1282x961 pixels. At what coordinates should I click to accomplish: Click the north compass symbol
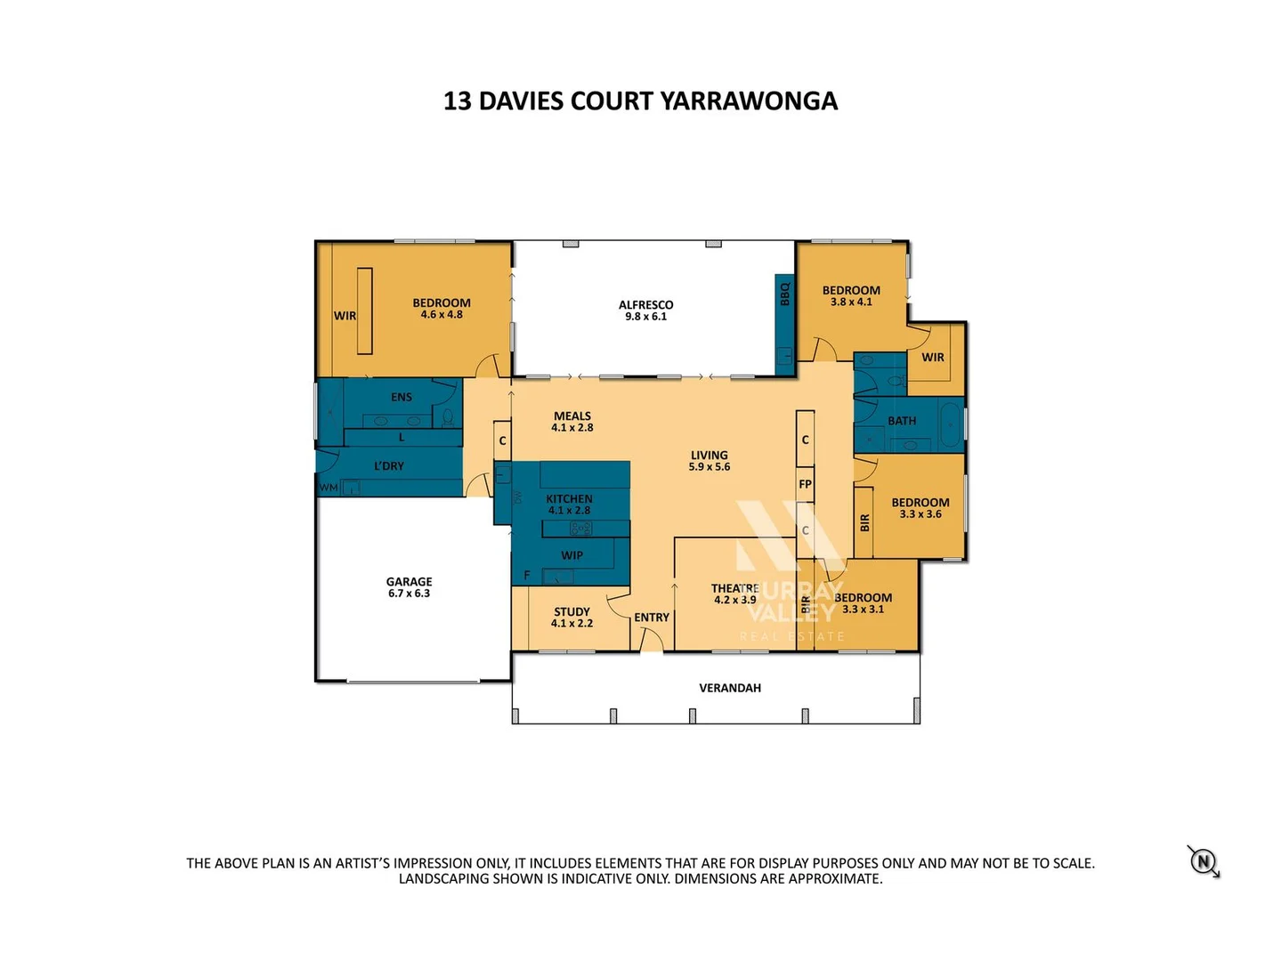(1204, 861)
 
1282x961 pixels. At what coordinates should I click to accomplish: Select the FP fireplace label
(805, 484)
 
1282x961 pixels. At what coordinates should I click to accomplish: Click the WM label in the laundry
(329, 488)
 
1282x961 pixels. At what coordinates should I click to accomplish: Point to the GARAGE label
(409, 581)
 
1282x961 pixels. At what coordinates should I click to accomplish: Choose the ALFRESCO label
(645, 304)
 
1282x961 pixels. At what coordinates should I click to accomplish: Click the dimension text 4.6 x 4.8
(442, 315)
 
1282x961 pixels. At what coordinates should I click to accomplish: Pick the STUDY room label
(572, 611)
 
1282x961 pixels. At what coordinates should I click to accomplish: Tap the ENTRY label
(652, 618)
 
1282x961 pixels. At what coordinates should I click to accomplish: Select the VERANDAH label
(729, 688)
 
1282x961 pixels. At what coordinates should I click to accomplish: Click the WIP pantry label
(572, 555)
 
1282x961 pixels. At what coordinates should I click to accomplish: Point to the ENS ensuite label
(402, 397)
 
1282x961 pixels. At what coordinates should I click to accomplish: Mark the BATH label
(901, 421)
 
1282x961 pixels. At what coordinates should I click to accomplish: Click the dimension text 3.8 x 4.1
(851, 303)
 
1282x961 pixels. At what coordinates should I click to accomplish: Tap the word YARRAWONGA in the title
(749, 101)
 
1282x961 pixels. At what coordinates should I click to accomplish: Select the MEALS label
(572, 416)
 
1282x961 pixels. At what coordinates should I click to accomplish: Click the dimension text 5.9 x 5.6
(709, 467)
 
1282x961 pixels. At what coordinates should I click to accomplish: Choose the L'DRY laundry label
(389, 465)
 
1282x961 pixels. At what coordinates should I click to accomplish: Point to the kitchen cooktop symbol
(580, 529)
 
